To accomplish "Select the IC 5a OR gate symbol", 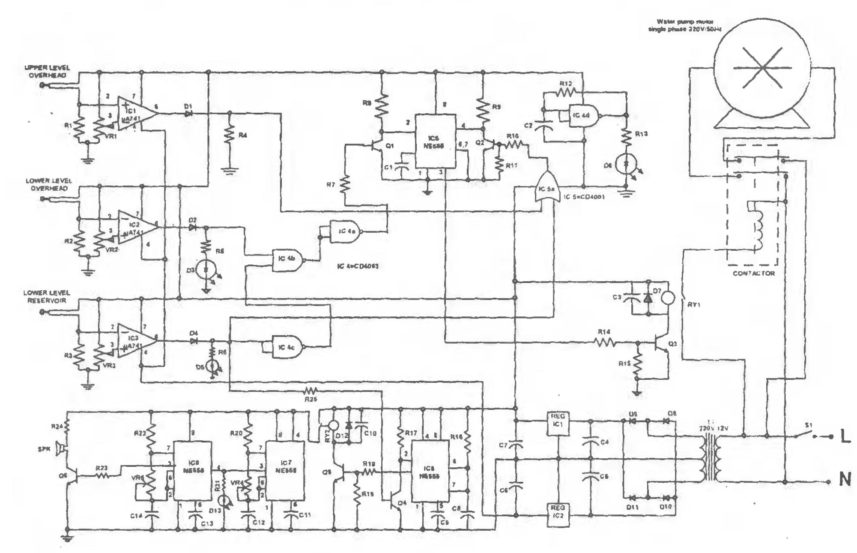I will tap(545, 189).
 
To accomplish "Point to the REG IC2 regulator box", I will tap(558, 512).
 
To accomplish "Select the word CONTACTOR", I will tap(753, 273).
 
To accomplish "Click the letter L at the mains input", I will tap(844, 437).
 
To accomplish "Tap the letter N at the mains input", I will tap(844, 481).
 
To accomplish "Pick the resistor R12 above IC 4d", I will tap(565, 92).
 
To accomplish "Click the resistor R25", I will tap(310, 391).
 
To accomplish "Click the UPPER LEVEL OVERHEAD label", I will tap(47, 72).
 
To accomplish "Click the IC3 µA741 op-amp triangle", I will tap(135, 339).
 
